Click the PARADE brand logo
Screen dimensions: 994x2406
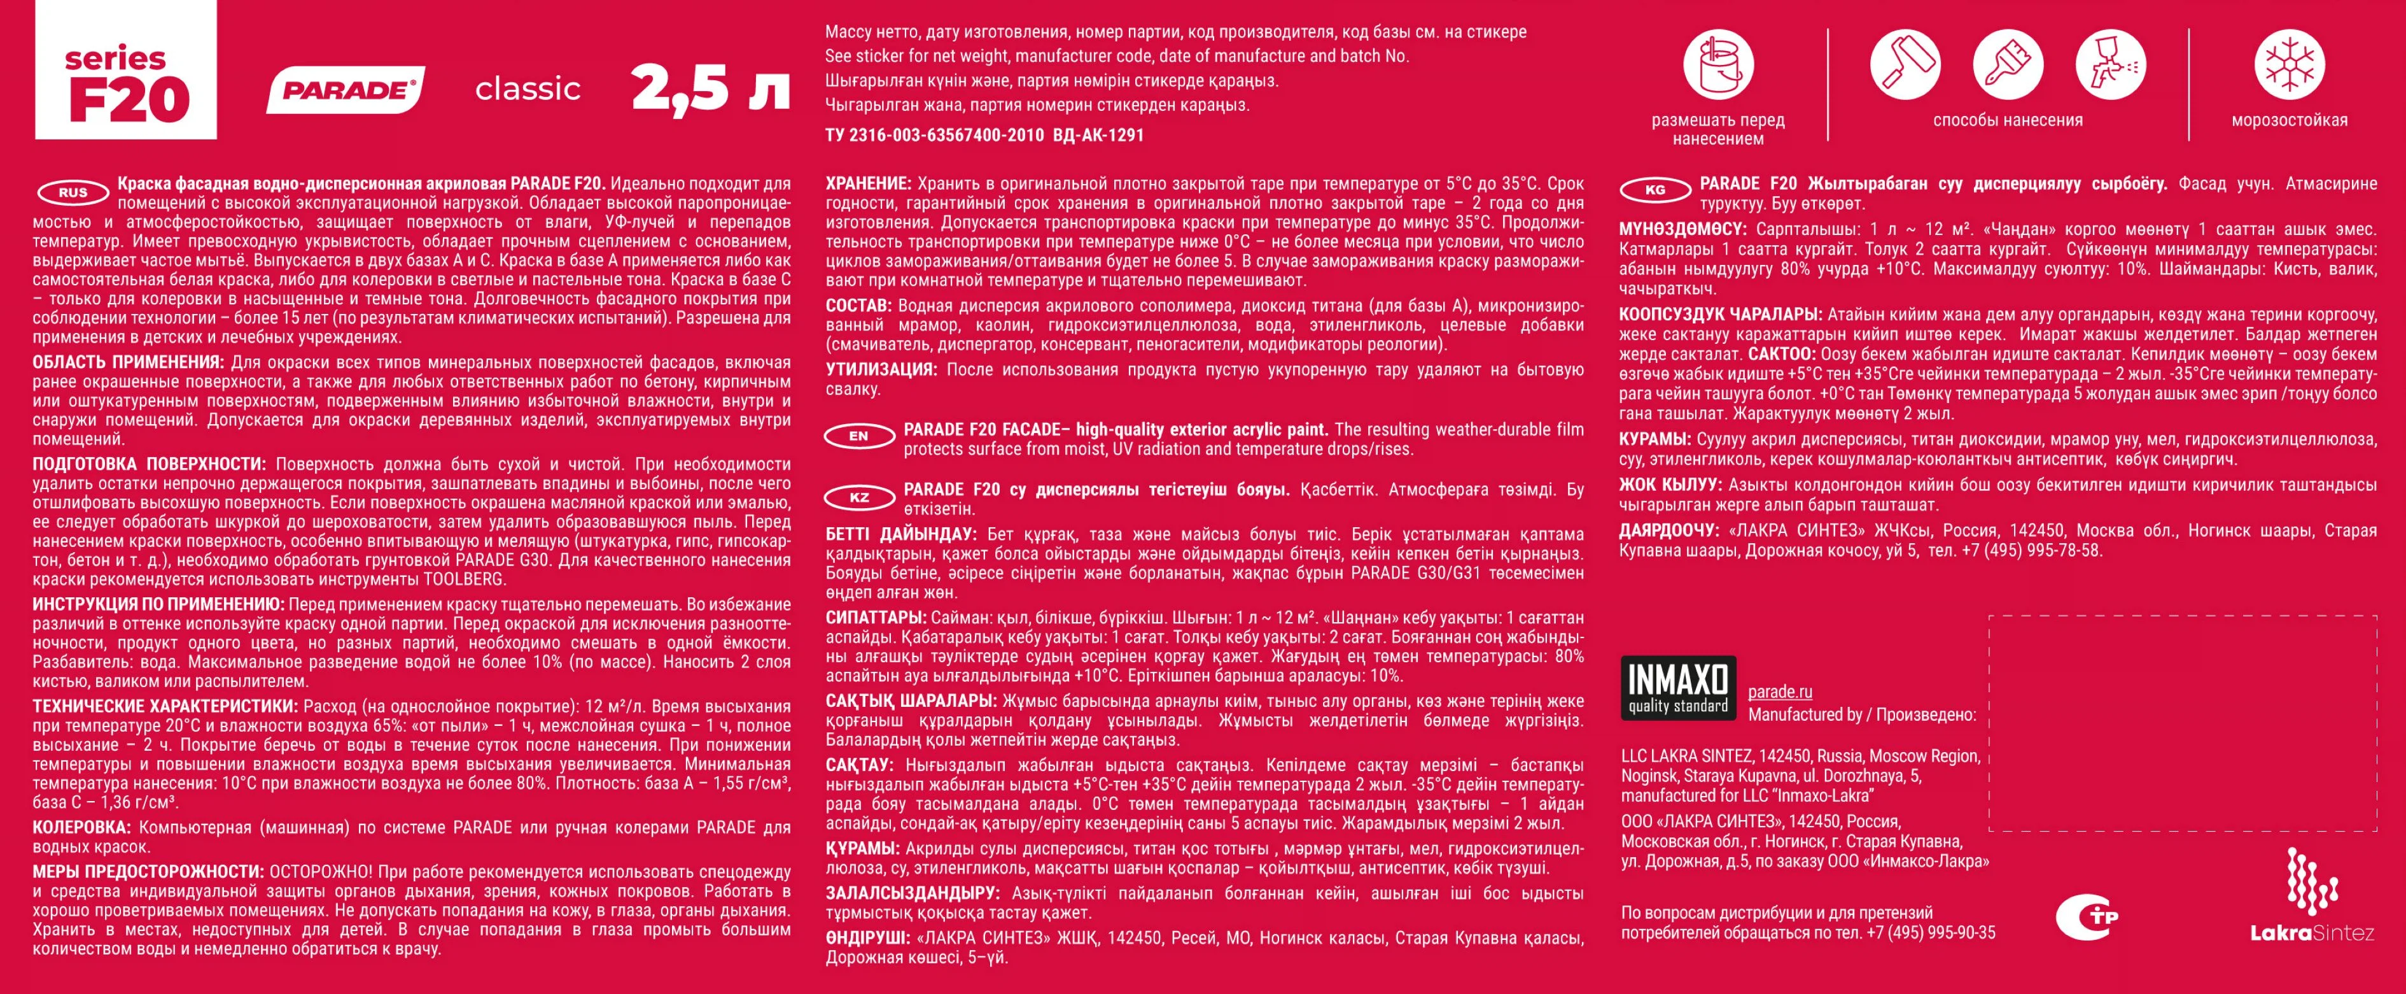click(x=346, y=90)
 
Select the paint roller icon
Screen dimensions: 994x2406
click(x=1905, y=66)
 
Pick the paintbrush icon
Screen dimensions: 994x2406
click(x=2007, y=66)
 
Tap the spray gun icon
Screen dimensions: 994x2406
click(x=2110, y=66)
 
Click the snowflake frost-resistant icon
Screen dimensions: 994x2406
click(x=2290, y=66)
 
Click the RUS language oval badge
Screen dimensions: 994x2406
click(x=73, y=192)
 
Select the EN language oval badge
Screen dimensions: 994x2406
click(x=858, y=436)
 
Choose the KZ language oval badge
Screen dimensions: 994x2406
click(x=858, y=497)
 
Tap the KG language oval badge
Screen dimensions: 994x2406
click(x=1654, y=190)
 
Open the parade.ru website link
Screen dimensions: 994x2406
click(x=1779, y=692)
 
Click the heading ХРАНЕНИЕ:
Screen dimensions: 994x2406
click(x=868, y=184)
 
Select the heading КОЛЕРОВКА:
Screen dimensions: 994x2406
click(x=81, y=828)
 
